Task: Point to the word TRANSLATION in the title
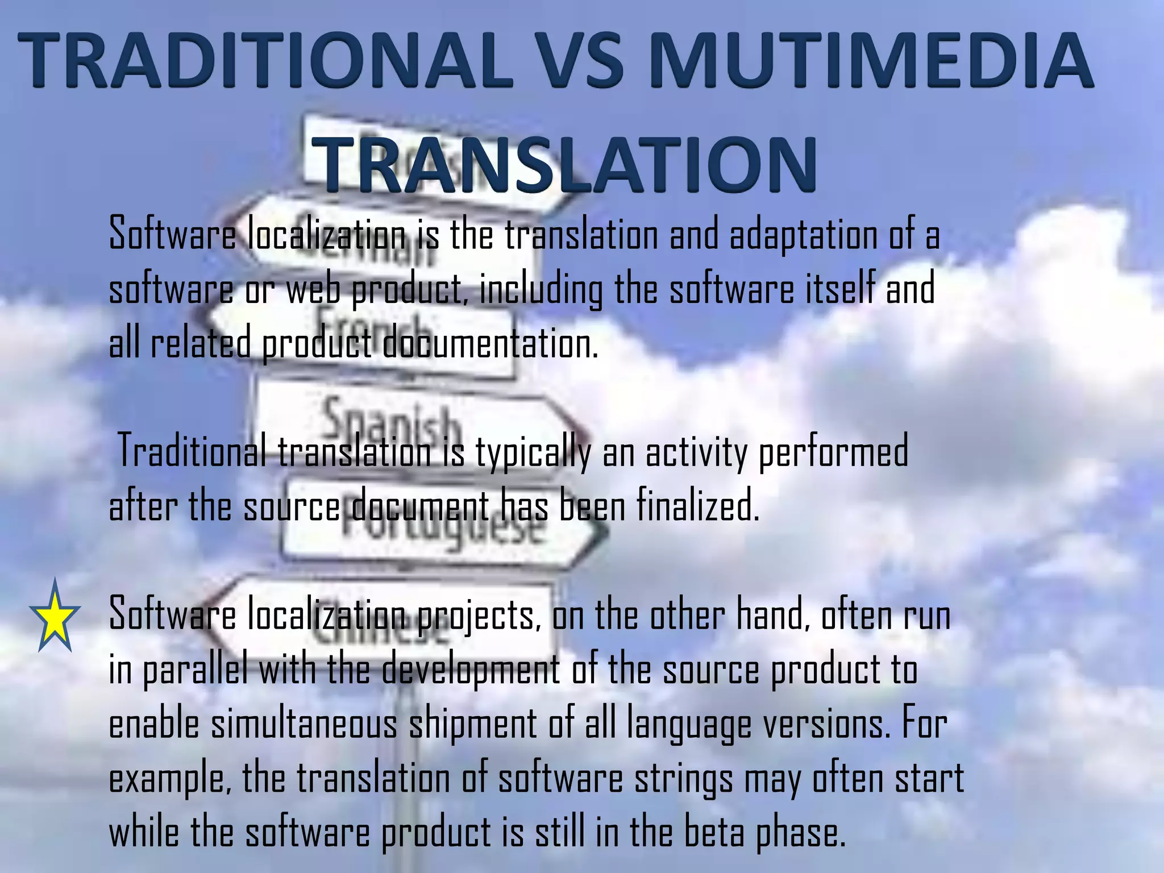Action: [x=566, y=165]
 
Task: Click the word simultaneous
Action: [x=304, y=725]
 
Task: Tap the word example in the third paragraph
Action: [x=170, y=779]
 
